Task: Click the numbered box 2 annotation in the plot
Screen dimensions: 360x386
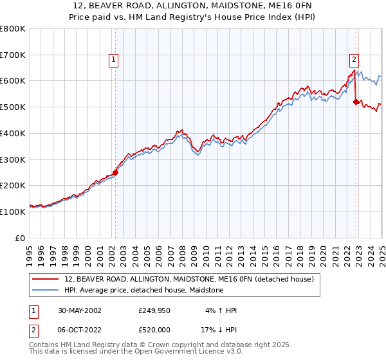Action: point(354,60)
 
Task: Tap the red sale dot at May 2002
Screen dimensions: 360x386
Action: point(116,172)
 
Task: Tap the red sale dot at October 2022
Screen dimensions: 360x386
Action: point(356,101)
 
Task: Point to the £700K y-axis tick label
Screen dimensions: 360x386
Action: point(13,55)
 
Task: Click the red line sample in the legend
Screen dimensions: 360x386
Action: point(46,279)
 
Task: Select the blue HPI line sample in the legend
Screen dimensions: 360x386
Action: point(46,290)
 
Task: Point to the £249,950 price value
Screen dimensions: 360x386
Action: point(153,310)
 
